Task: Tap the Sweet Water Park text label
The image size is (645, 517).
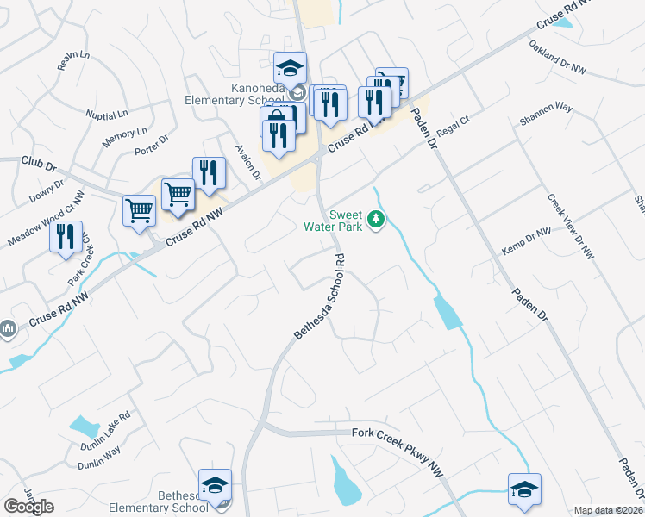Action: (337, 221)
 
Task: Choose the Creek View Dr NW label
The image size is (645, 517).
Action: (571, 226)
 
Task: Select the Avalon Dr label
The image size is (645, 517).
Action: (248, 162)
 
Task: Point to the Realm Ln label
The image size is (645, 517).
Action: (73, 60)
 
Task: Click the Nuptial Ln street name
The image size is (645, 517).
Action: (106, 114)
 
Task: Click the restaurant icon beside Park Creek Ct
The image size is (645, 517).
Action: (66, 237)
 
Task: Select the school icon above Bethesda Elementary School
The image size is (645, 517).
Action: (215, 485)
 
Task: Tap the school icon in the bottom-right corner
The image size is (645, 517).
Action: (524, 489)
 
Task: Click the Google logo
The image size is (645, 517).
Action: (28, 507)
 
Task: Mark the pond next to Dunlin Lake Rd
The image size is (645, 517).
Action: (85, 426)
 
